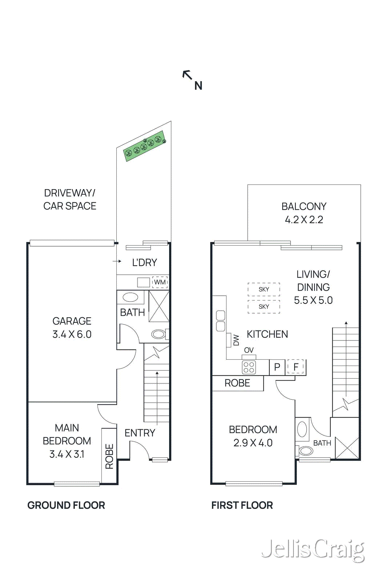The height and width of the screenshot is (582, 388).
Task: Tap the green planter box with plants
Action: pyautogui.click(x=145, y=146)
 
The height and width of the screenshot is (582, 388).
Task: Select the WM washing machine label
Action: pyautogui.click(x=160, y=282)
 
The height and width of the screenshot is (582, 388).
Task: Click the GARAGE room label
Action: pyautogui.click(x=72, y=321)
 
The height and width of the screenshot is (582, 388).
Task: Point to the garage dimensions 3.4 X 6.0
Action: pyautogui.click(x=72, y=334)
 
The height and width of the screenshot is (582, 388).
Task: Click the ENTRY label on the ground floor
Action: pyautogui.click(x=140, y=433)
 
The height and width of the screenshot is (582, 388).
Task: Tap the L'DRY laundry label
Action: pyautogui.click(x=144, y=263)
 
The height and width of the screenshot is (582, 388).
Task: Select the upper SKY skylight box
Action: pyautogui.click(x=264, y=290)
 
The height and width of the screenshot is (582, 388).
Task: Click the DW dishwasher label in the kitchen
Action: pyautogui.click(x=236, y=340)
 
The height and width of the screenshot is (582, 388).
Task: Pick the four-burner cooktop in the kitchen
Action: pyautogui.click(x=249, y=367)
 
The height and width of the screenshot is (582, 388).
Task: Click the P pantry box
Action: pyautogui.click(x=277, y=367)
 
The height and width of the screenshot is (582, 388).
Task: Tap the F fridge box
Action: pyautogui.click(x=296, y=367)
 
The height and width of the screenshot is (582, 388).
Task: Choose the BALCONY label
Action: pyautogui.click(x=304, y=207)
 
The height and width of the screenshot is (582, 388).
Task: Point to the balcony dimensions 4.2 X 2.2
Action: pyautogui.click(x=304, y=220)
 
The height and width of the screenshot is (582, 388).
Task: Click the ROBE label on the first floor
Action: pyautogui.click(x=237, y=383)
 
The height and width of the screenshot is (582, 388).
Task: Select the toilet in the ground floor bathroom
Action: pyautogui.click(x=159, y=334)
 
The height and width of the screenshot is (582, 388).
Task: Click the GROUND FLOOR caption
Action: pyautogui.click(x=66, y=505)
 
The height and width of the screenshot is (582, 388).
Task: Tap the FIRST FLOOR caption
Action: pyautogui.click(x=242, y=505)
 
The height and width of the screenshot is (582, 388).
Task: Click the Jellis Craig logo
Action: pyautogui.click(x=313, y=550)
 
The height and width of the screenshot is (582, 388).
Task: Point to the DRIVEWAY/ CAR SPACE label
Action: pyautogui.click(x=69, y=199)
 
